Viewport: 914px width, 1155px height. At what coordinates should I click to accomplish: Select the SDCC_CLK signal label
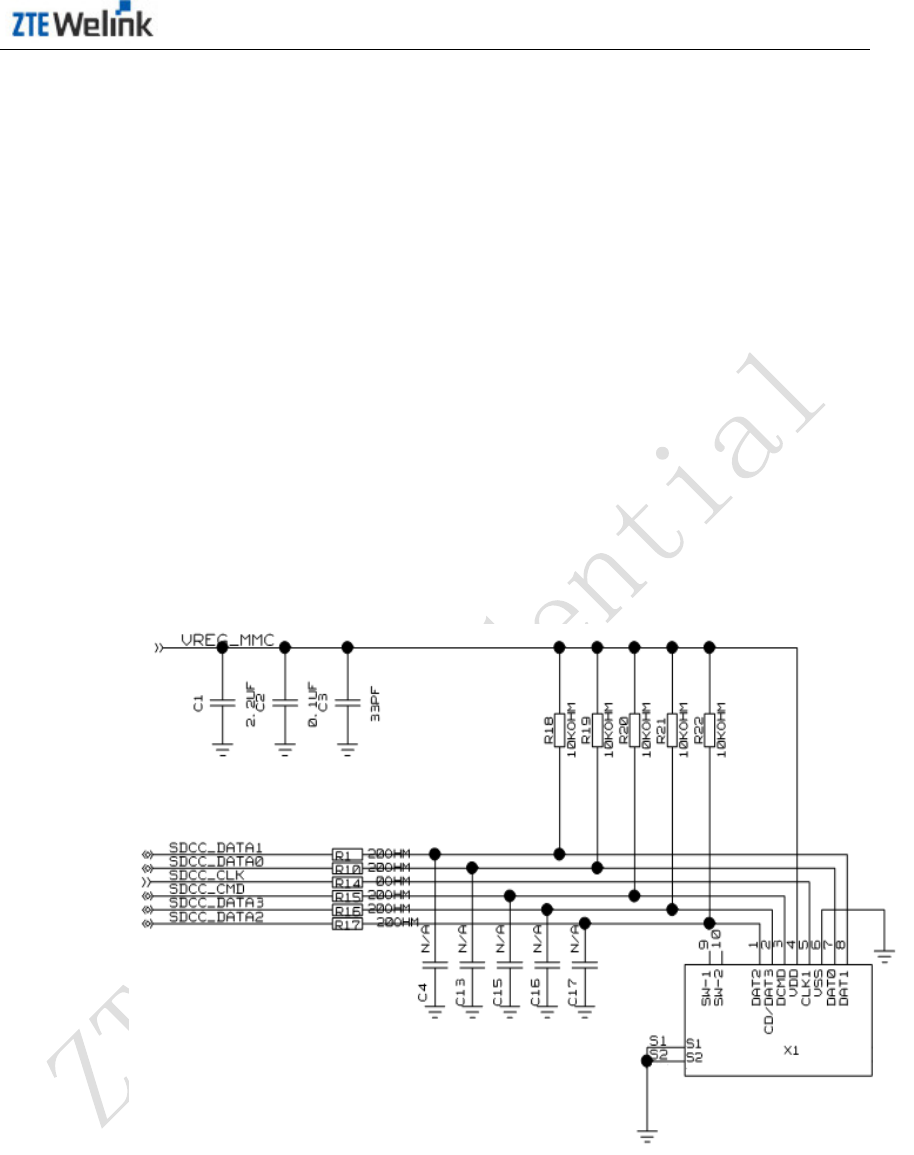tap(205, 875)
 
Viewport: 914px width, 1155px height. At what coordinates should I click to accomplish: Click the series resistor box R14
tap(346, 882)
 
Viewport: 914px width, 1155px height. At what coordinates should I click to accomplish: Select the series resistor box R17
tap(346, 923)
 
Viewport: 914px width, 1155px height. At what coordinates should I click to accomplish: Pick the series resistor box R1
tap(346, 854)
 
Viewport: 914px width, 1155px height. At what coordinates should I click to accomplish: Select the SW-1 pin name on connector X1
tap(704, 990)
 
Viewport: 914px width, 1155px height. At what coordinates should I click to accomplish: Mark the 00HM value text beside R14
tap(391, 882)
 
